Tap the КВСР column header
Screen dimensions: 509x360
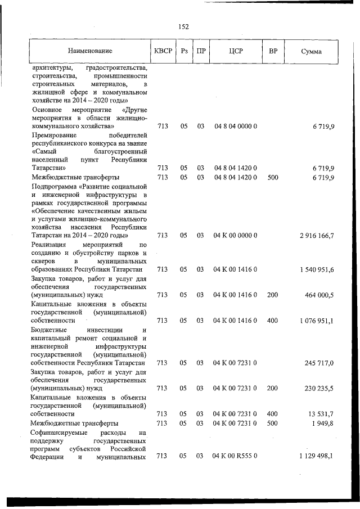point(163,51)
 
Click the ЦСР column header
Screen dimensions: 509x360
point(236,51)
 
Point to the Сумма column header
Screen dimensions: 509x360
point(311,51)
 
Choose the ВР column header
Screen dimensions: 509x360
point(273,51)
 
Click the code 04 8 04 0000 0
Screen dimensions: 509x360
point(236,127)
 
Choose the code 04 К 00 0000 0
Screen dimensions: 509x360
point(235,236)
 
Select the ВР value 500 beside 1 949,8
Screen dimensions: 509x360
point(272,422)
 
